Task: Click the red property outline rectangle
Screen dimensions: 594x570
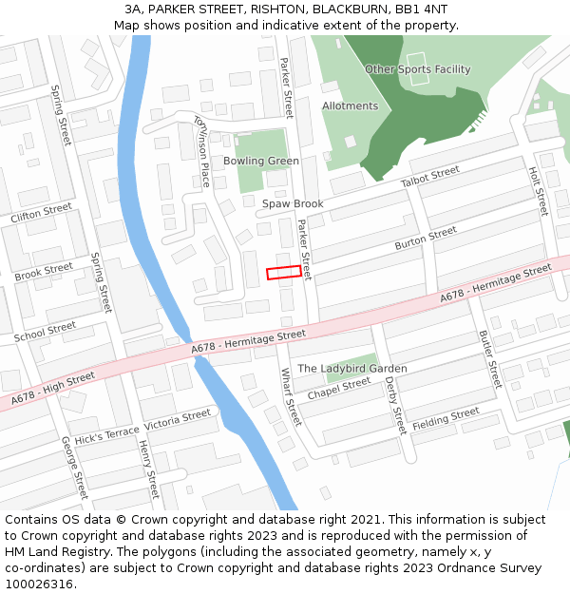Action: coord(284,273)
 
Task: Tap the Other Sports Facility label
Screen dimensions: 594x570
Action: coord(417,69)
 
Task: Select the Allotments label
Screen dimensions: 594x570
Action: coord(350,106)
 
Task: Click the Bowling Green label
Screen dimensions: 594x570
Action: coord(261,161)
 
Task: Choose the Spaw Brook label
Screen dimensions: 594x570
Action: coord(294,204)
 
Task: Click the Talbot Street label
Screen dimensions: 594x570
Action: coord(429,177)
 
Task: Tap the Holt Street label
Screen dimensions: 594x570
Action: coord(539,191)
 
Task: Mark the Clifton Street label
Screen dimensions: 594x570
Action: coord(41,213)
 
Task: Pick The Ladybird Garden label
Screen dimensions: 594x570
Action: coord(352,369)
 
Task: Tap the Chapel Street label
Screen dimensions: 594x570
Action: coord(339,389)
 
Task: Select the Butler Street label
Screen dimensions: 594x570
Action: coord(488,359)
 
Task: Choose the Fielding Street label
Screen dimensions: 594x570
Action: coord(446,417)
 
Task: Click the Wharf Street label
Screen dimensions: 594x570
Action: coord(289,397)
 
